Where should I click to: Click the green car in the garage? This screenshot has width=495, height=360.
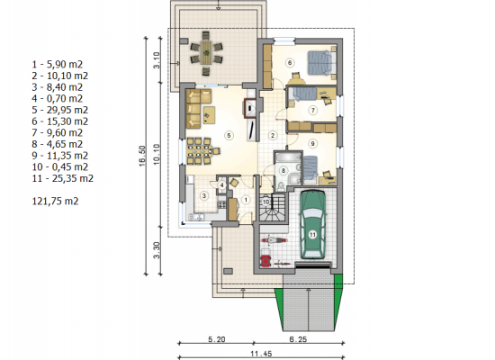click(312, 224)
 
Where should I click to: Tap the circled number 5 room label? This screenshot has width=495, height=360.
click(229, 136)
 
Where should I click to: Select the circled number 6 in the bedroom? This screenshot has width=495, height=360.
click(290, 62)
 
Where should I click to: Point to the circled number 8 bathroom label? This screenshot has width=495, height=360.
click(283, 170)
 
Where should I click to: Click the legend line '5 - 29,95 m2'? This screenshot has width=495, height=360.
click(60, 110)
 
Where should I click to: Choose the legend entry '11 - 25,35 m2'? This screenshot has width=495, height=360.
click(63, 178)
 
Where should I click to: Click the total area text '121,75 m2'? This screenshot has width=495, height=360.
click(55, 202)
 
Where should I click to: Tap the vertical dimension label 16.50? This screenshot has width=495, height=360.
click(142, 156)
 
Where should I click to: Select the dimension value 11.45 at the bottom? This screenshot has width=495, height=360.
click(261, 354)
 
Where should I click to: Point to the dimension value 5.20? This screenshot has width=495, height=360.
click(217, 339)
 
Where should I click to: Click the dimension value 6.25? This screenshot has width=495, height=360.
click(298, 339)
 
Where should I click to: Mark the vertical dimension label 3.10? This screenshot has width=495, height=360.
click(157, 60)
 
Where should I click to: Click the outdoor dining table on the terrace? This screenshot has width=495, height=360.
click(206, 52)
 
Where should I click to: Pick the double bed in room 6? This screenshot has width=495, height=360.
click(319, 63)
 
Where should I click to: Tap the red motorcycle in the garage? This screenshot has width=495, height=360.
click(274, 240)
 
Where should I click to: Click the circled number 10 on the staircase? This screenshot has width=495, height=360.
click(266, 202)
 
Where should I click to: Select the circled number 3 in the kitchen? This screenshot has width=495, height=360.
click(204, 196)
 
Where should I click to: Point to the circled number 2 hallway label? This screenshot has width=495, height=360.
click(273, 136)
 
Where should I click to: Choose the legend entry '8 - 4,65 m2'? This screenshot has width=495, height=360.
click(57, 144)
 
